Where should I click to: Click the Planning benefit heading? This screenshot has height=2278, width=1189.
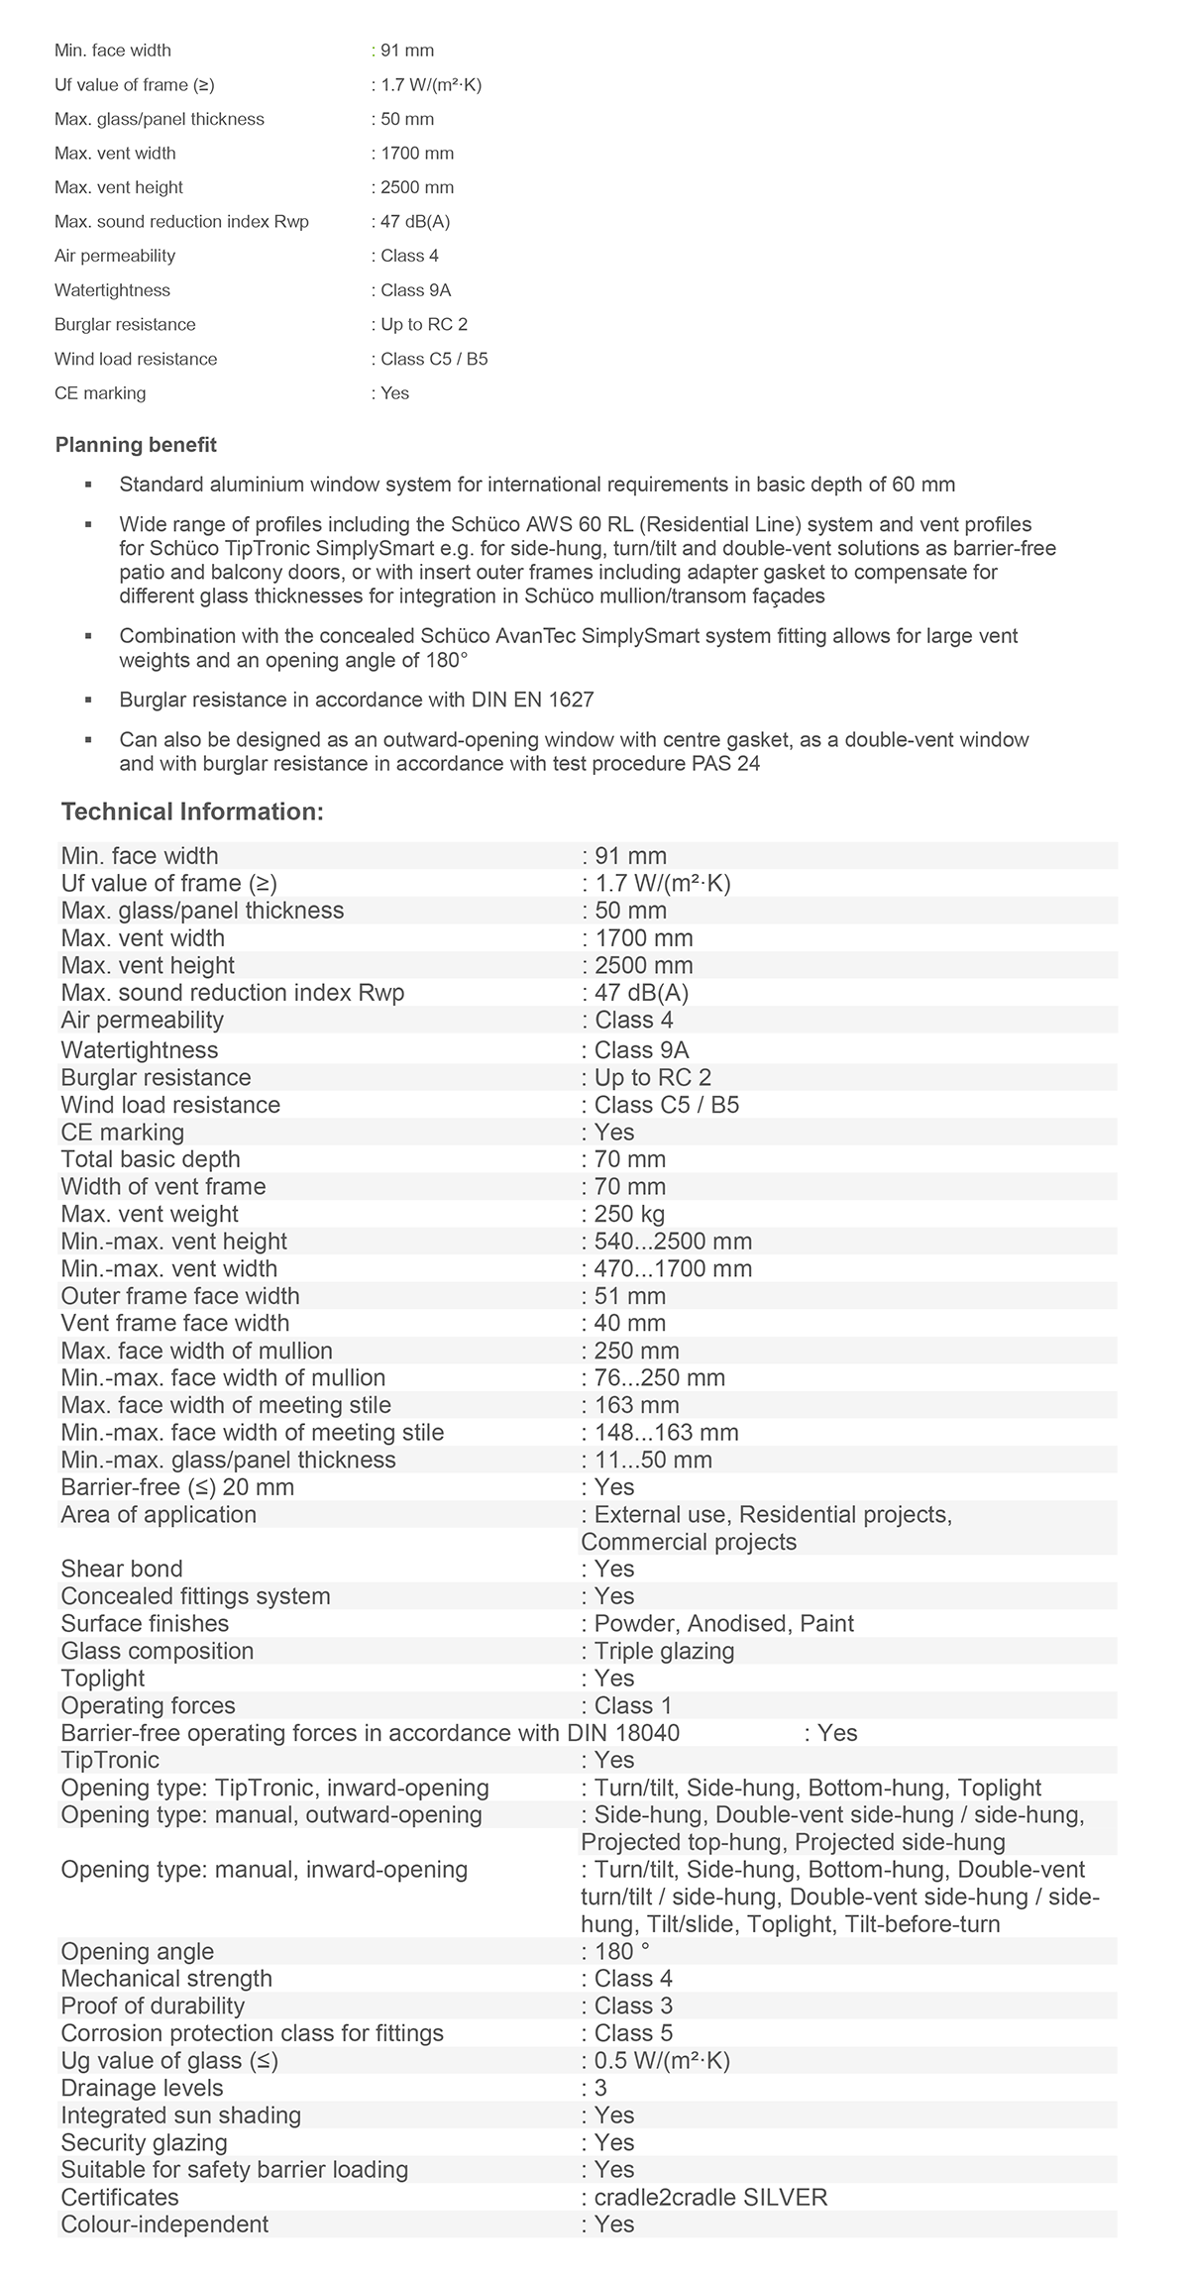click(x=136, y=445)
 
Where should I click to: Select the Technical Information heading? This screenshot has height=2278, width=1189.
click(x=192, y=812)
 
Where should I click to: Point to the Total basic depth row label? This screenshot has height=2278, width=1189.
click(x=151, y=1159)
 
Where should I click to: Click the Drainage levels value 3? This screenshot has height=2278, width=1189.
click(x=600, y=2088)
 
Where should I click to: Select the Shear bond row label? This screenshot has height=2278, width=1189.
click(x=122, y=1569)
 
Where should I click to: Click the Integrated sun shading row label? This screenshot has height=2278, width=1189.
click(x=181, y=2115)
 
